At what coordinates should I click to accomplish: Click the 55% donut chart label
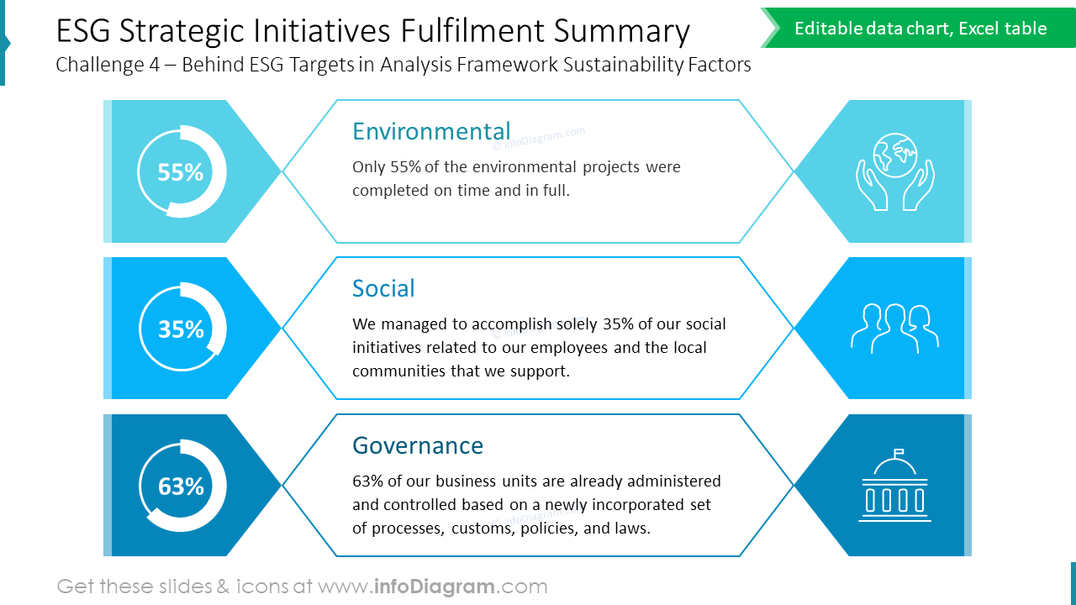pyautogui.click(x=181, y=172)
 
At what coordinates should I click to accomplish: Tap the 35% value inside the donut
pyautogui.click(x=181, y=329)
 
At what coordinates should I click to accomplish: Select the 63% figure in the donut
pyautogui.click(x=181, y=487)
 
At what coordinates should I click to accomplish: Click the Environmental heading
pyautogui.click(x=431, y=131)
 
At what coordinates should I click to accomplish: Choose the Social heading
pyautogui.click(x=383, y=288)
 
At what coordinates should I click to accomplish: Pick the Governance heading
pyautogui.click(x=418, y=445)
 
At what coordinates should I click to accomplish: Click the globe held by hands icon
pyautogui.click(x=894, y=171)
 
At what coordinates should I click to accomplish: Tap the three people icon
pyautogui.click(x=894, y=328)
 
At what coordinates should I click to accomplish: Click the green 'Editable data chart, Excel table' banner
pyautogui.click(x=920, y=29)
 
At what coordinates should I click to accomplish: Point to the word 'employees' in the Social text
pyautogui.click(x=569, y=347)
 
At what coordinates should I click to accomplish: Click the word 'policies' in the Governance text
pyautogui.click(x=547, y=529)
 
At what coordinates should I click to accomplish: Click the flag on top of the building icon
pyautogui.click(x=898, y=452)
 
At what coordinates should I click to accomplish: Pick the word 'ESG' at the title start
pyautogui.click(x=83, y=31)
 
